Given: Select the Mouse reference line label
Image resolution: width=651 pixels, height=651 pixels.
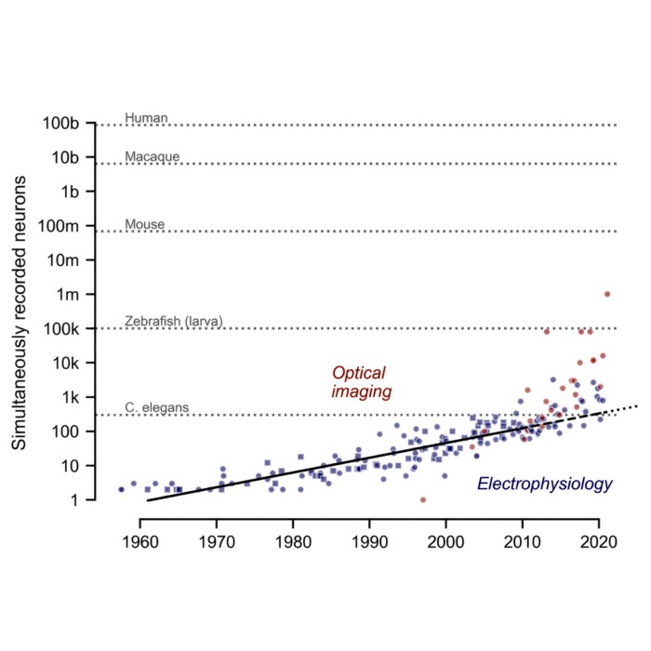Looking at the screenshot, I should coord(144,224).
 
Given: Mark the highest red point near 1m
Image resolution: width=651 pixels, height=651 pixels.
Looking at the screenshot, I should coord(607,294).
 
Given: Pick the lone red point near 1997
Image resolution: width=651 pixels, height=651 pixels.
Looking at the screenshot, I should coord(423,499).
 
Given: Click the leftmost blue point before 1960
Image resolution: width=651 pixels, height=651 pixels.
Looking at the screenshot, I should coord(121,488).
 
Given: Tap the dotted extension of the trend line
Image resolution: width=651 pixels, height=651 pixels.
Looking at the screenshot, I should coord(620,410).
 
